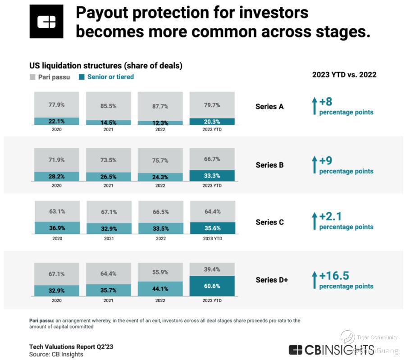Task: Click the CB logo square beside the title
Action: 46,21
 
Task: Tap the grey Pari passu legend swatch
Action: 32,77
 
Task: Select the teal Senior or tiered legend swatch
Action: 82,77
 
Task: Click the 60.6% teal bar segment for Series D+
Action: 212,286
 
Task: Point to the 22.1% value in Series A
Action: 56,121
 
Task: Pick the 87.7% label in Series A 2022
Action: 160,106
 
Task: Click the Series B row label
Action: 269,165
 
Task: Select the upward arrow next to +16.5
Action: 315,279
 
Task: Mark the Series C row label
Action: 269,222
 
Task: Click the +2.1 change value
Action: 330,217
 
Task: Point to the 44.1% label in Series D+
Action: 160,289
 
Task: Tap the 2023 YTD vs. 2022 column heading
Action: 344,75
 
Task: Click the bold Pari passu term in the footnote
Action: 41,321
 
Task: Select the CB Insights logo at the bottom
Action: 331,350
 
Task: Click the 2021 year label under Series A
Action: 109,129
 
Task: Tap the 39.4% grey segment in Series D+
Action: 212,269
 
